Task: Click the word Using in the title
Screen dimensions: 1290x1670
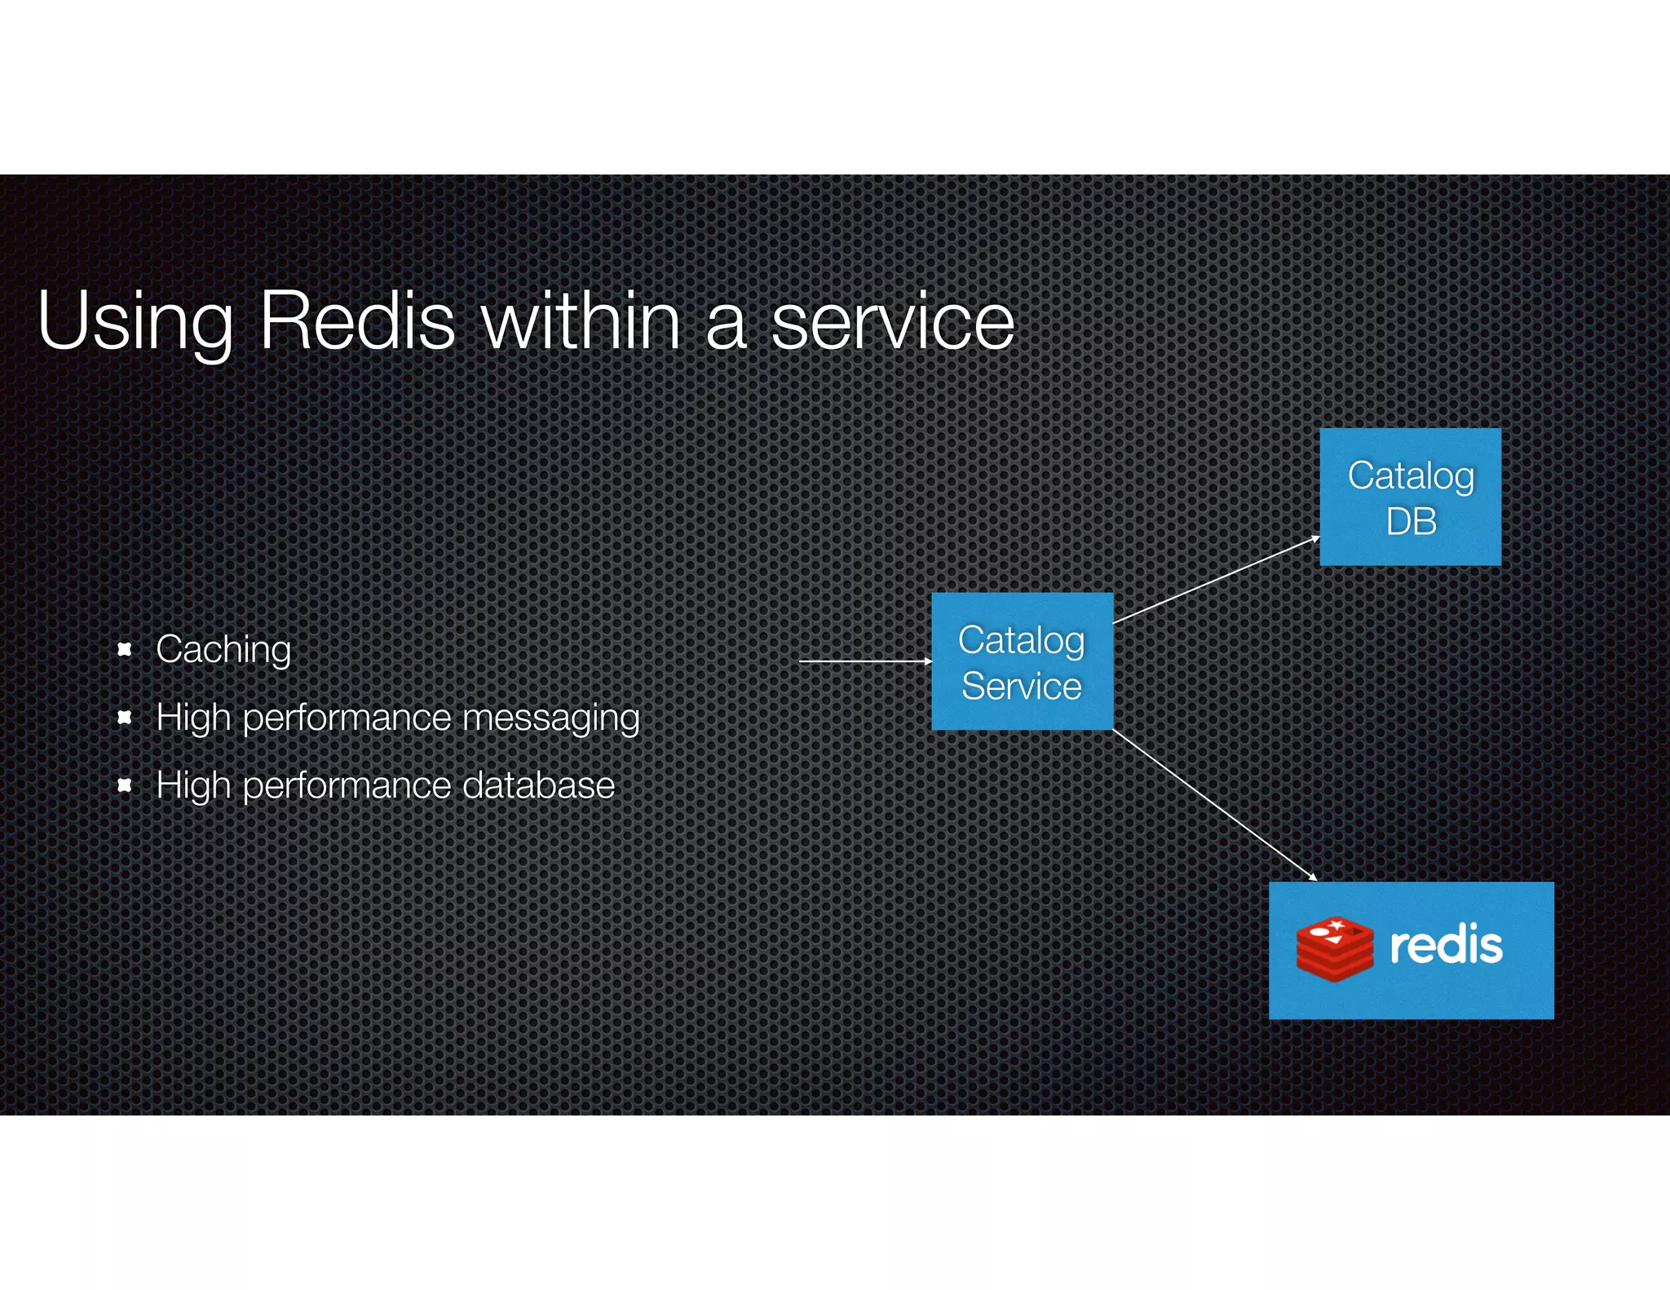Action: (135, 322)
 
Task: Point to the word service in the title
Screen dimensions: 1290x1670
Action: (892, 322)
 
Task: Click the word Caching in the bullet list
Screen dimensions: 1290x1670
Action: (223, 650)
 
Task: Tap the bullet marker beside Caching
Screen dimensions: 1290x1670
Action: (125, 649)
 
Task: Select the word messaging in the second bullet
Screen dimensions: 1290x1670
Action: (550, 718)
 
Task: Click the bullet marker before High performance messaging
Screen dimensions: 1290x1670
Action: (125, 717)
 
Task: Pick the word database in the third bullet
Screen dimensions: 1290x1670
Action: (538, 785)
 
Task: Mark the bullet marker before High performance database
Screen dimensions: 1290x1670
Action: (125, 784)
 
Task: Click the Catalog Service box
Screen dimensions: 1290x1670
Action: (1022, 661)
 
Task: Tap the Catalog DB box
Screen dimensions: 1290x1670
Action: (1410, 497)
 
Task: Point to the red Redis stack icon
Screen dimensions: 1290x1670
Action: (1335, 949)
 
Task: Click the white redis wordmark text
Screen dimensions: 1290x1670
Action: (1446, 946)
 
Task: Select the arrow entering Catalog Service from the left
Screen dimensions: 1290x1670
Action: (864, 661)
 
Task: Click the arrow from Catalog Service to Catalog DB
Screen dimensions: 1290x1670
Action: (1215, 580)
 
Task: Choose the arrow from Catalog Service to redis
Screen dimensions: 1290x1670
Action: (1215, 805)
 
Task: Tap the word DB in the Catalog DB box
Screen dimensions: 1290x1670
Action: (1411, 522)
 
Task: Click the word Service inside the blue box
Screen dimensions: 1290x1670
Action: (1021, 686)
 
